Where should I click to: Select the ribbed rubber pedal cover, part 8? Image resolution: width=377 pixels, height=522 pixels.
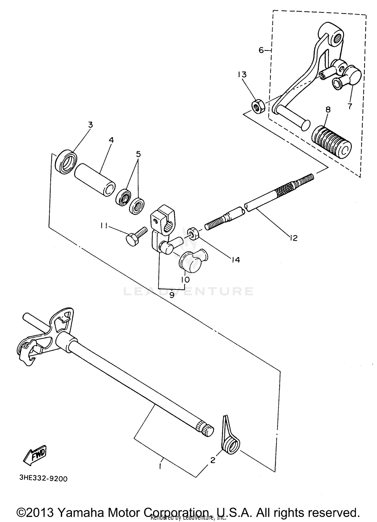coord(331,142)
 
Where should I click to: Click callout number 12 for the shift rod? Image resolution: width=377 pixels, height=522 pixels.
coord(293,238)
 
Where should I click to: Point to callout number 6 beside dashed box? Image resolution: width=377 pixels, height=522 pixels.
coord(261,50)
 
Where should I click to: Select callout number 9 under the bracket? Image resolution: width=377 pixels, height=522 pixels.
coord(172,295)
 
